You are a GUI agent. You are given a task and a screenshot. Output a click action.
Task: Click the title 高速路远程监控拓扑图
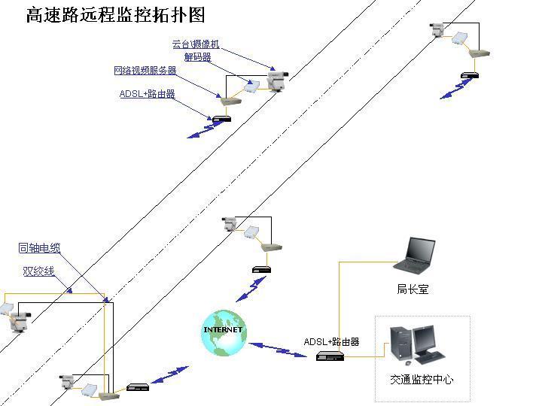115,16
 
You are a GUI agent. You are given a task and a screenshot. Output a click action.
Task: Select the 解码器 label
197,57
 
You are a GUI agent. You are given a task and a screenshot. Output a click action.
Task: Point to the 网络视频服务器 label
145,71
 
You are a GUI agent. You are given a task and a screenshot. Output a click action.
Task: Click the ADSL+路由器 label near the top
147,94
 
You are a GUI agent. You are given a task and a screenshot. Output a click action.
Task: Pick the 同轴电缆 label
39,248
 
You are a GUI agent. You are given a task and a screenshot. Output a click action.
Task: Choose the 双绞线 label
38,271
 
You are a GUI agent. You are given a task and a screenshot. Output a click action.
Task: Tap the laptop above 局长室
415,255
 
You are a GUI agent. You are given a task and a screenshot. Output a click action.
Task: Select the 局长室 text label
413,289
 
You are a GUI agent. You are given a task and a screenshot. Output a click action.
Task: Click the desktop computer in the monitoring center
416,346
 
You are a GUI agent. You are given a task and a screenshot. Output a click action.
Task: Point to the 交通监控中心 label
422,380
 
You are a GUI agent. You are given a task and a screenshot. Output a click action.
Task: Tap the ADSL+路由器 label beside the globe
331,342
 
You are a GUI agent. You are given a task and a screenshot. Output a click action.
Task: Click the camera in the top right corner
437,30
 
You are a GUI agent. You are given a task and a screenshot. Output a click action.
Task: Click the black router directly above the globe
261,268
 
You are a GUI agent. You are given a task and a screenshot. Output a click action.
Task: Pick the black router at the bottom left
139,387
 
